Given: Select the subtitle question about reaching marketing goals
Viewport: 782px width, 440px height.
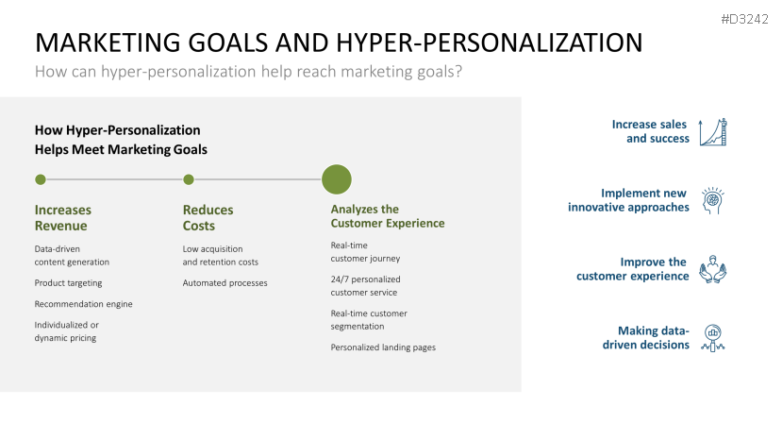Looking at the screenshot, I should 248,72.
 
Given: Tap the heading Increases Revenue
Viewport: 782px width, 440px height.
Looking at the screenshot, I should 63,217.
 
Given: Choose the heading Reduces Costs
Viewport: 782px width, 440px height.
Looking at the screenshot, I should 208,217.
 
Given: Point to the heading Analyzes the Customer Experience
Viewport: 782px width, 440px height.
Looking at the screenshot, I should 387,216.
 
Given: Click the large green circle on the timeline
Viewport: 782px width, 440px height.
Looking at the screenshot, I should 337,179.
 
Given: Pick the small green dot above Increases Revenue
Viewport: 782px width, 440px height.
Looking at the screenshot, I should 40,179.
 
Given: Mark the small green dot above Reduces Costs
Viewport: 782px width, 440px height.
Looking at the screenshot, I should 189,179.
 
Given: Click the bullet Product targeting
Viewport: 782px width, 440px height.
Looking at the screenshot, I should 68,283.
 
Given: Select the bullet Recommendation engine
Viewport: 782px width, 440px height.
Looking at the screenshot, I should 83,304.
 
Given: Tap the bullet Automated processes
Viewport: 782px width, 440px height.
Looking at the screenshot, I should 225,283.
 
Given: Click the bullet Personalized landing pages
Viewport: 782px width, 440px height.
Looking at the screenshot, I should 383,347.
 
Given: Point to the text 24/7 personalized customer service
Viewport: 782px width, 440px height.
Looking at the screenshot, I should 365,285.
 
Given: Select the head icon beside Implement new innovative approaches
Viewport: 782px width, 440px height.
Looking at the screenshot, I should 714,200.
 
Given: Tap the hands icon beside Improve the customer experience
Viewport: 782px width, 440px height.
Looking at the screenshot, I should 714,270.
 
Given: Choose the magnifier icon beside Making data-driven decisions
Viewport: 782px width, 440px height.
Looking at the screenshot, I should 714,338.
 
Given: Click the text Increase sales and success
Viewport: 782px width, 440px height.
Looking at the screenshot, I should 650,131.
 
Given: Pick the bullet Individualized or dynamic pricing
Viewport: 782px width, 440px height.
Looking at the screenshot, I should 66,331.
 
